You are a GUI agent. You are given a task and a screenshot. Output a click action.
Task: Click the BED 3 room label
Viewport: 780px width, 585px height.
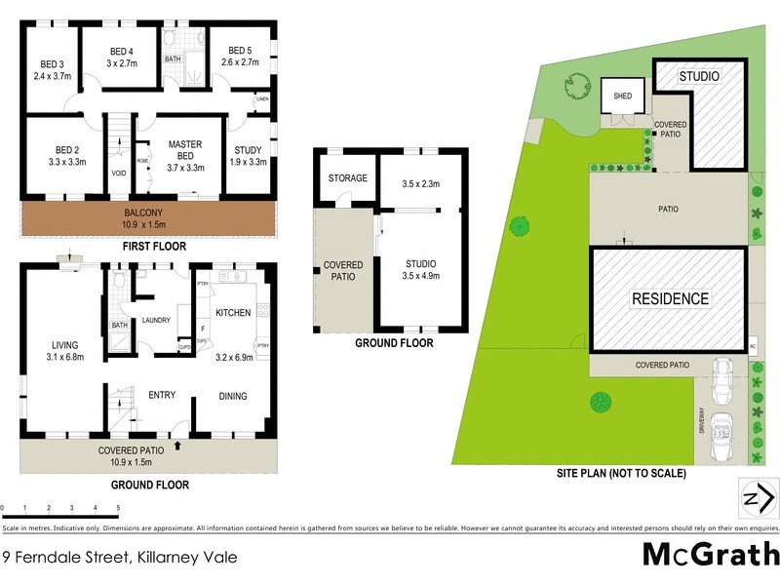click(53, 65)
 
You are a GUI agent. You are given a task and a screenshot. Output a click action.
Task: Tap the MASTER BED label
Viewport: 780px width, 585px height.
click(184, 144)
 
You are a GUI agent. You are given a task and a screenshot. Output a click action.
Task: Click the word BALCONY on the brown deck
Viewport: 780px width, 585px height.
click(150, 213)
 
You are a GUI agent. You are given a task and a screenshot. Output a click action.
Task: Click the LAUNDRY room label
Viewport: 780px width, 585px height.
click(157, 320)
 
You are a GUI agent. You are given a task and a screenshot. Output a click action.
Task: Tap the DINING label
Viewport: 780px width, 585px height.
click(233, 396)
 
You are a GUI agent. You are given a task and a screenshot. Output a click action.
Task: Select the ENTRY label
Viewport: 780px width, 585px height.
click(161, 395)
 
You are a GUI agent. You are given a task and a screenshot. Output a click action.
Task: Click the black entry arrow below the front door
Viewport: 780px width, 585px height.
click(177, 446)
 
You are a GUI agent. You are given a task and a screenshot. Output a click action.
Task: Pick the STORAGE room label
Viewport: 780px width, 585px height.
click(347, 178)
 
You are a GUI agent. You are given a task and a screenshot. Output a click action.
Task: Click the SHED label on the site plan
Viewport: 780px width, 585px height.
click(623, 96)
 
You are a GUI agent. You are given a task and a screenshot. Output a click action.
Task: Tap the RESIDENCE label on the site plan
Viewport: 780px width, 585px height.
click(671, 298)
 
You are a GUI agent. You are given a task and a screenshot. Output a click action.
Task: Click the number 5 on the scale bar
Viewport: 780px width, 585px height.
click(118, 508)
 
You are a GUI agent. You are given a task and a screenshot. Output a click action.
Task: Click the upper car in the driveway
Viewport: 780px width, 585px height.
click(721, 381)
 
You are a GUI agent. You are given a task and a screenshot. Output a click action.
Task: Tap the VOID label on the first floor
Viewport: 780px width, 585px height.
click(119, 174)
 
